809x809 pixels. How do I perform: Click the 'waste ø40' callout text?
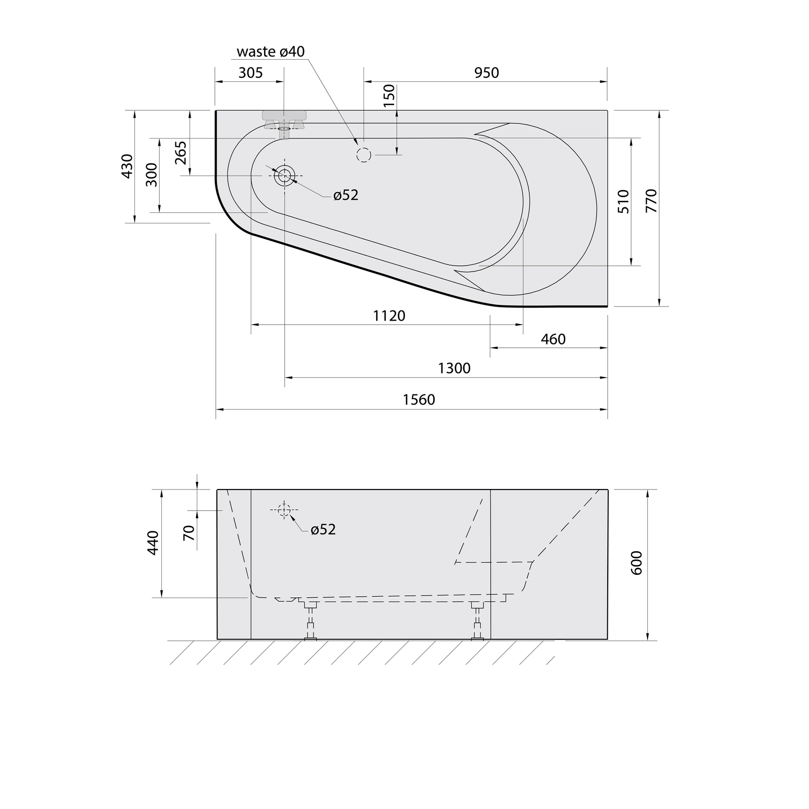click(x=271, y=52)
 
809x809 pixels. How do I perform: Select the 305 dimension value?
click(x=251, y=73)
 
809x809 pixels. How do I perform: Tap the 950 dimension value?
click(x=486, y=73)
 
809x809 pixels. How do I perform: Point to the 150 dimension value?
click(x=389, y=96)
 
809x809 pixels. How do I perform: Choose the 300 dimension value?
click(x=152, y=175)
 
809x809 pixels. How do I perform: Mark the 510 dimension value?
click(x=623, y=201)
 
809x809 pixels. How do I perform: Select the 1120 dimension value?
click(x=389, y=316)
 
